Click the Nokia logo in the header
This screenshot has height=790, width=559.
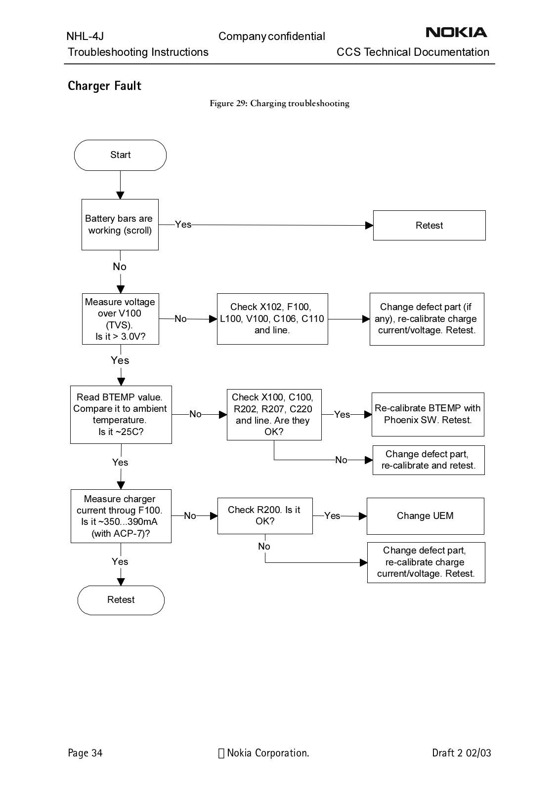click(x=456, y=33)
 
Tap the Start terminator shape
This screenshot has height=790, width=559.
click(x=120, y=155)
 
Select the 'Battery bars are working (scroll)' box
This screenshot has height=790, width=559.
click(x=120, y=225)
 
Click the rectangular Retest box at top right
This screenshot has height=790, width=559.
click(x=430, y=225)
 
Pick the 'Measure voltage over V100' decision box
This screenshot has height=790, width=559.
click(x=121, y=319)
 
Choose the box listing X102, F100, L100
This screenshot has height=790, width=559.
click(x=272, y=319)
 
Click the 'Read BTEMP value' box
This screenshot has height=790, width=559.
click(x=121, y=415)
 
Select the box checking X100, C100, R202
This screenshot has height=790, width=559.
click(x=274, y=415)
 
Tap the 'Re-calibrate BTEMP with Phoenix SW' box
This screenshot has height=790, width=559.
click(x=428, y=414)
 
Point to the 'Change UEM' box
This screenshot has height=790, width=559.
click(x=426, y=516)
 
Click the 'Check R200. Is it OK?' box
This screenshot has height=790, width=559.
click(x=265, y=516)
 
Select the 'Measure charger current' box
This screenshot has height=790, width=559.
click(x=121, y=516)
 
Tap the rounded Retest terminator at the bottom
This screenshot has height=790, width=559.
click(x=121, y=600)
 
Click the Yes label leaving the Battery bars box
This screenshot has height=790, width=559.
click(x=183, y=224)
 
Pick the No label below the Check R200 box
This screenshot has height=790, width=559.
click(x=264, y=546)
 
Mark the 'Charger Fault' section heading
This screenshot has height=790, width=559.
click(x=104, y=86)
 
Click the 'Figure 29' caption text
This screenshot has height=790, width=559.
click(x=279, y=103)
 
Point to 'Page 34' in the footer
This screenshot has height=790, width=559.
click(x=85, y=753)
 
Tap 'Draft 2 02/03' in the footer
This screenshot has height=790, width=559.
click(x=462, y=753)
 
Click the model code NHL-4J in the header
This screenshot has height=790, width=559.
click(x=85, y=36)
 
